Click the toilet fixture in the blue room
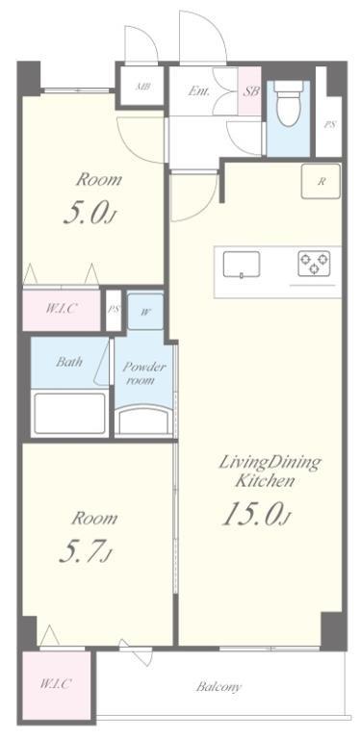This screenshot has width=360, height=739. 287,104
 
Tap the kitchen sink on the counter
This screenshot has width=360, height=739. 242,265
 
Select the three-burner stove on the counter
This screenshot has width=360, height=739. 314,264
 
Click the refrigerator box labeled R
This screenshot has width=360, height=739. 321,182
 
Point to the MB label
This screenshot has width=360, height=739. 141,87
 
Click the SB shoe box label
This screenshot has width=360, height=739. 250,91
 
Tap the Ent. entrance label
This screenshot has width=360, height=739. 198,90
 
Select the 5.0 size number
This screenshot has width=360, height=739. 90,215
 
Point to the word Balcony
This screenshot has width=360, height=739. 219,687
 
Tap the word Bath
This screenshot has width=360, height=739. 69,362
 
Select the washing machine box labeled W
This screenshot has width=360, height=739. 145,311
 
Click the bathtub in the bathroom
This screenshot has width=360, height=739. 69,414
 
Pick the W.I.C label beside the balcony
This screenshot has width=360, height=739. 56,684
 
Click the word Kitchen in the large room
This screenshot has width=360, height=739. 265,481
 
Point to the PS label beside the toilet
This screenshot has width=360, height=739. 329,125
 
